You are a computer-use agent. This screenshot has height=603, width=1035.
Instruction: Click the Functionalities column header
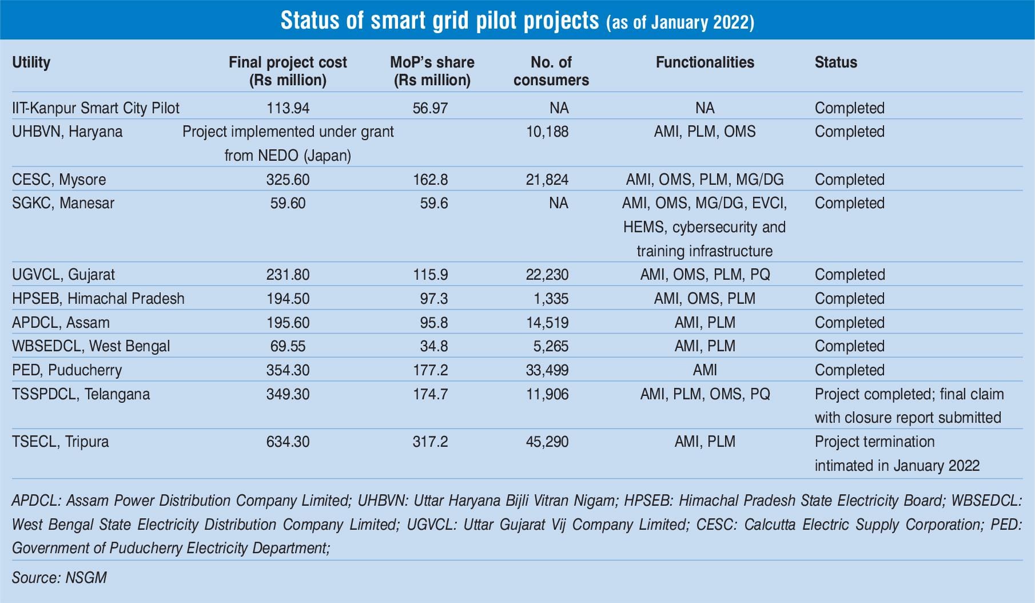(x=704, y=62)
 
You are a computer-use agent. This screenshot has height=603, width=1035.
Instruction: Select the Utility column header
(x=31, y=62)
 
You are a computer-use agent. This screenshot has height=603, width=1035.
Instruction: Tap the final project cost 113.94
(x=288, y=108)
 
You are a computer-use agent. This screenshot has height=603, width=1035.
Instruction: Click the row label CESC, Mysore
(x=59, y=180)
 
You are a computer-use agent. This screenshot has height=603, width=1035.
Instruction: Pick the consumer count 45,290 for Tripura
(x=547, y=442)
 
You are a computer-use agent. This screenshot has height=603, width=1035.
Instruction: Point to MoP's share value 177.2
(x=430, y=370)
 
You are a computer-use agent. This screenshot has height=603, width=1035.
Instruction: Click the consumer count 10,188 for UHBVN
(x=547, y=132)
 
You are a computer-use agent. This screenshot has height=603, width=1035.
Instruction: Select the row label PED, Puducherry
(x=67, y=370)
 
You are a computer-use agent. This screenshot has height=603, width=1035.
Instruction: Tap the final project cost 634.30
(x=288, y=442)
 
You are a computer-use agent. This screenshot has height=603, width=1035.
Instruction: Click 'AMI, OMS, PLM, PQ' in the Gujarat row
(x=704, y=275)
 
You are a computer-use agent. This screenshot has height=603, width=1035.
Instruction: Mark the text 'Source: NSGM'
(x=59, y=577)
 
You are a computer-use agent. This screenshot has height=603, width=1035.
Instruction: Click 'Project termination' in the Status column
(x=874, y=442)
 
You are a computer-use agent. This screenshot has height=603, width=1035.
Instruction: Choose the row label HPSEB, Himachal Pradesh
(x=98, y=299)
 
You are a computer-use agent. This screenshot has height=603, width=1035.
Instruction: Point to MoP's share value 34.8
(x=433, y=346)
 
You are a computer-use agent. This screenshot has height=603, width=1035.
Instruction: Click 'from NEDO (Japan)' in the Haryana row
(x=288, y=156)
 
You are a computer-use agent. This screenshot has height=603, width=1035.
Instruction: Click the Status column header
(x=835, y=62)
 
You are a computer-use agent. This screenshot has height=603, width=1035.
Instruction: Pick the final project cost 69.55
(x=288, y=346)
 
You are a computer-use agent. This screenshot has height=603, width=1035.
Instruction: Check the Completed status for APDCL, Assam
(x=849, y=323)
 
